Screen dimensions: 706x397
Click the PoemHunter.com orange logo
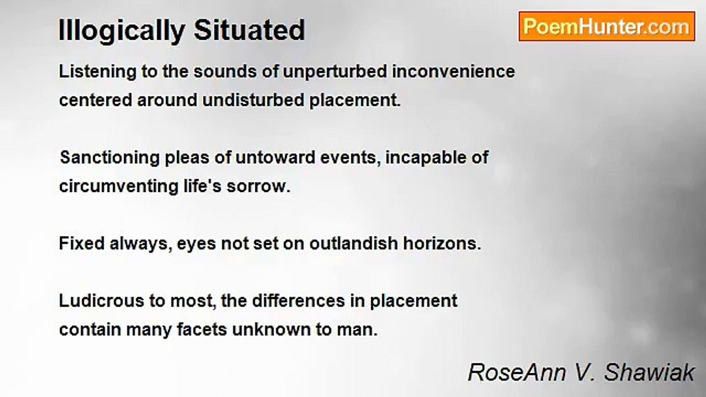[607, 26]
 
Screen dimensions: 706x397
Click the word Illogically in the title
[122, 30]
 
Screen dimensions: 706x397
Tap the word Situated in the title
[249, 30]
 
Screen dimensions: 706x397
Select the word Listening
[98, 72]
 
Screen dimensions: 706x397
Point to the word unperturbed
[335, 72]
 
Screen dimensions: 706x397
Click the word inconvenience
[453, 72]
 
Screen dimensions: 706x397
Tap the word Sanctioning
[110, 158]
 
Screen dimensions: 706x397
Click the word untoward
[275, 158]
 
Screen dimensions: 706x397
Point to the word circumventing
[119, 186]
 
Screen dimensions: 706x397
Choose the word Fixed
[82, 243]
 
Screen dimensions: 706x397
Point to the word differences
[298, 301]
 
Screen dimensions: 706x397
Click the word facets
[202, 330]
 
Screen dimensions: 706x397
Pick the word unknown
[271, 330]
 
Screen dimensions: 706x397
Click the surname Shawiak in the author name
[649, 372]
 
